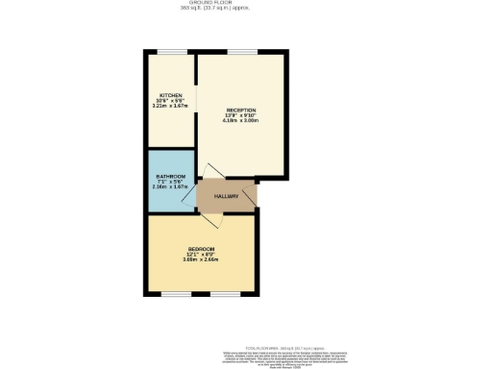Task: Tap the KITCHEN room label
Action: click(x=171, y=95)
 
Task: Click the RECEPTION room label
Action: click(x=241, y=110)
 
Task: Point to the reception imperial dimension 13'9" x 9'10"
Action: click(x=241, y=115)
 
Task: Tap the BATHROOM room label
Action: click(x=170, y=176)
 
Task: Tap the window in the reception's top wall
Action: click(x=240, y=53)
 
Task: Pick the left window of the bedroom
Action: click(x=175, y=295)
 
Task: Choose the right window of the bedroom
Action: click(x=226, y=295)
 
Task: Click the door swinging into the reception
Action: click(x=209, y=172)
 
